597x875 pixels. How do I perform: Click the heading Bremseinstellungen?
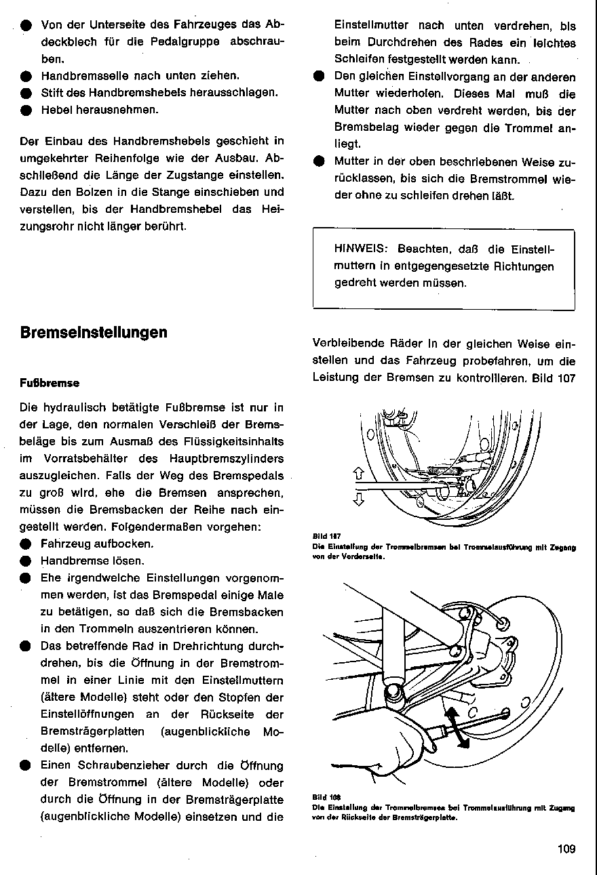[94, 333]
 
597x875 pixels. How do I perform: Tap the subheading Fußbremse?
[50, 383]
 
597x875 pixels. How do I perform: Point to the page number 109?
[566, 849]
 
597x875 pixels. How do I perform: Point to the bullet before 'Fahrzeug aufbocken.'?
[25, 544]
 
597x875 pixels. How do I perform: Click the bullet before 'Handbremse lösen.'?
[25, 561]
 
